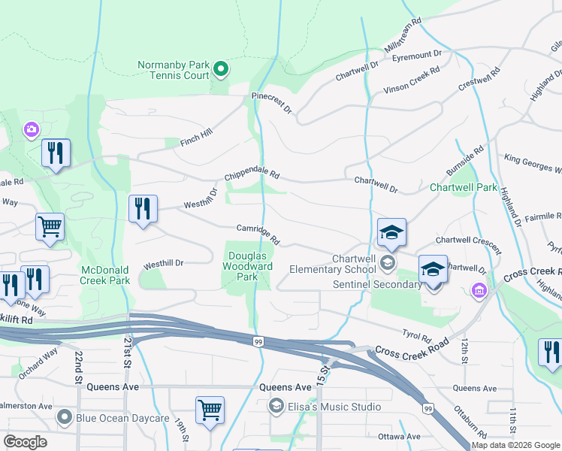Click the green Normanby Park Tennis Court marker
point(220,70)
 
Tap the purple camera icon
point(31,129)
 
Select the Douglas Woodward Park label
point(248,266)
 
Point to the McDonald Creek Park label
point(106,275)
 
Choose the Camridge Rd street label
point(258,235)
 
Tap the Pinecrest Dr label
point(272,103)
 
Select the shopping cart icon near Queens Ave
point(210,410)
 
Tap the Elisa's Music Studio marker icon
point(276,407)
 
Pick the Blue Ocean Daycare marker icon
point(66,417)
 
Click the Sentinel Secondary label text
point(377,285)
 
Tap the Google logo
point(26,441)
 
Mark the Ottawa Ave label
point(399,436)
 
